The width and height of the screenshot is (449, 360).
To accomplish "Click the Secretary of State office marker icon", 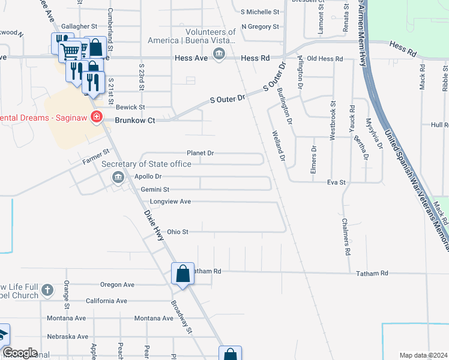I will click(118, 176).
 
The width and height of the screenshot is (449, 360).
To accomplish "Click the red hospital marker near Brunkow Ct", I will click(96, 116).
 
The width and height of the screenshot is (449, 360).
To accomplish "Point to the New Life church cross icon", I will click(47, 292).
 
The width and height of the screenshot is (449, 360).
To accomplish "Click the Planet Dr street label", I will click(200, 153).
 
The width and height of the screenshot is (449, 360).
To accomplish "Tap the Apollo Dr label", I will click(148, 176).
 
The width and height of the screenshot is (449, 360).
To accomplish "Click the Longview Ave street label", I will click(170, 202).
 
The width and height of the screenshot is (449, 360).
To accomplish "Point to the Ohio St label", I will click(178, 232).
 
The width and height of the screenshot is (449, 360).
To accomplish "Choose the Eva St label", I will click(336, 182).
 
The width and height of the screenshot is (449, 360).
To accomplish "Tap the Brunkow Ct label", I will click(135, 121).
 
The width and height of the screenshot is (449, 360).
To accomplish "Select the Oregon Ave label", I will click(117, 285).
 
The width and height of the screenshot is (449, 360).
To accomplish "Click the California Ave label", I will click(106, 301).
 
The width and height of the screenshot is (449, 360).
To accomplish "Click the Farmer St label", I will click(96, 157).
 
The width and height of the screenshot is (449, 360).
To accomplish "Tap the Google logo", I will click(19, 353).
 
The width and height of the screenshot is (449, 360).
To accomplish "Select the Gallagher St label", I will click(79, 26).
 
